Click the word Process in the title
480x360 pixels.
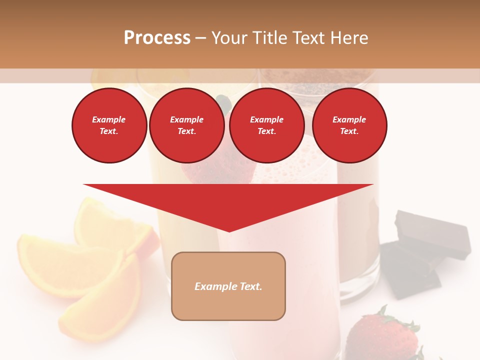(157, 38)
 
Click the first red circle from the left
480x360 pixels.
(109, 125)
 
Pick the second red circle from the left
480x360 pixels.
(186, 125)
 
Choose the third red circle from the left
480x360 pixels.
(266, 125)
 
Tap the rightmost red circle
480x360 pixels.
(349, 125)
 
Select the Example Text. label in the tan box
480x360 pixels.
(228, 286)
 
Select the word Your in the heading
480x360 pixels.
(229, 38)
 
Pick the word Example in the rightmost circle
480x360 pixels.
(349, 119)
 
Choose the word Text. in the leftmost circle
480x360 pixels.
(109, 131)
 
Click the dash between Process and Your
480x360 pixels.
(200, 38)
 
